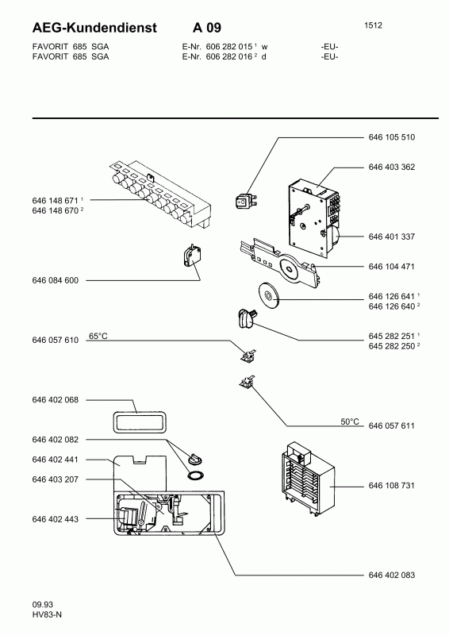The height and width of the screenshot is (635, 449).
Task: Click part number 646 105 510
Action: pyautogui.click(x=392, y=137)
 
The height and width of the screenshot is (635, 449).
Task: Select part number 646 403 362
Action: pyautogui.click(x=392, y=167)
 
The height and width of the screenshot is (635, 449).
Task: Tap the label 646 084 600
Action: pyautogui.click(x=55, y=280)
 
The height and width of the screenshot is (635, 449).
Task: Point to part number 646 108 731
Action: pyautogui.click(x=392, y=485)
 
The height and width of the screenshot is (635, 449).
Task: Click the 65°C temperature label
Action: pyautogui.click(x=98, y=336)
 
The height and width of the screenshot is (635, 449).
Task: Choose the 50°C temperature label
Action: pyautogui.click(x=350, y=421)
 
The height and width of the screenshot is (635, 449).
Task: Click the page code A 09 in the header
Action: pyautogui.click(x=207, y=28)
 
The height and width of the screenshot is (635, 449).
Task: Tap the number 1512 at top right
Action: pyautogui.click(x=373, y=25)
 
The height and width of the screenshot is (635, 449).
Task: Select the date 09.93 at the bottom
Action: pyautogui.click(x=43, y=605)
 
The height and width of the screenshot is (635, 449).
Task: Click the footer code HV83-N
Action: pyautogui.click(x=47, y=614)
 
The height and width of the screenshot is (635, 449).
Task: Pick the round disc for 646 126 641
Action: pyautogui.click(x=268, y=295)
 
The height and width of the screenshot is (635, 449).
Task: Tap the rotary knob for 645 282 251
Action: pyautogui.click(x=244, y=318)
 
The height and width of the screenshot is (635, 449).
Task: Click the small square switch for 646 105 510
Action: pyautogui.click(x=244, y=201)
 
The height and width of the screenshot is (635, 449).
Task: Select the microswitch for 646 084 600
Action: pyautogui.click(x=190, y=256)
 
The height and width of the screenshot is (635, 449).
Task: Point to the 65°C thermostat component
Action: pyautogui.click(x=248, y=355)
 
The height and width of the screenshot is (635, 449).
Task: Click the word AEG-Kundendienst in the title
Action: pyautogui.click(x=94, y=28)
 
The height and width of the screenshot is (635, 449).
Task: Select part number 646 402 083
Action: pyautogui.click(x=392, y=575)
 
